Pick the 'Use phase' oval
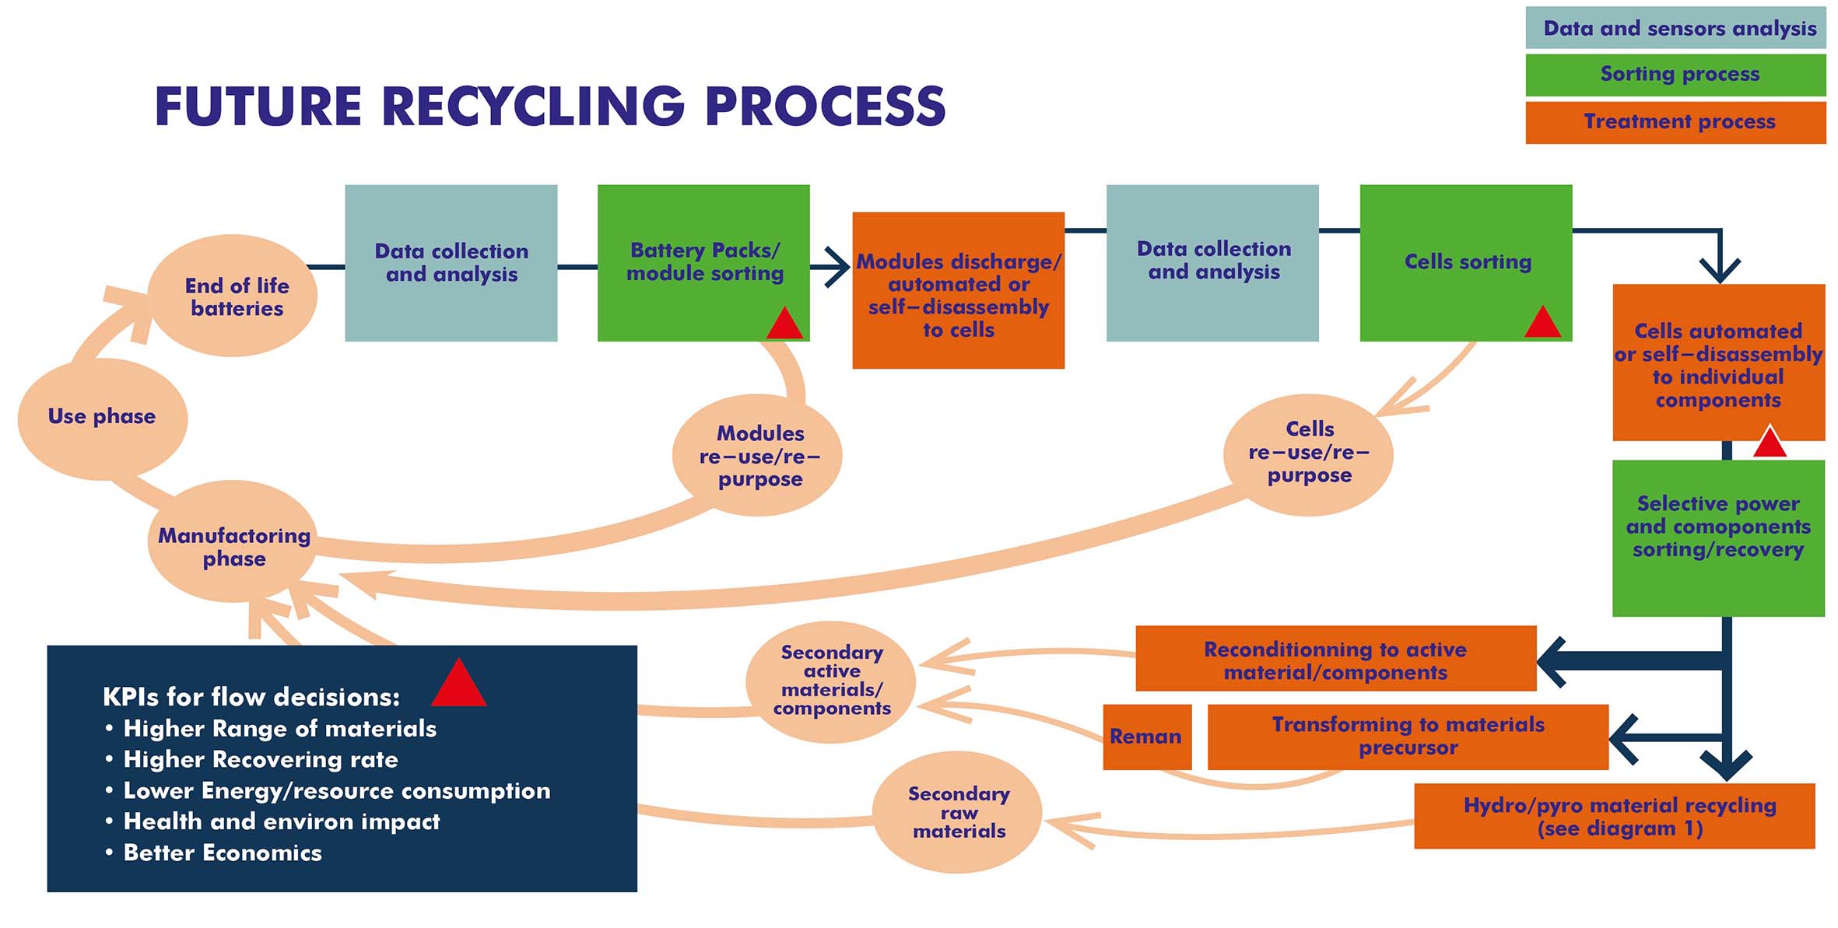pyautogui.click(x=102, y=418)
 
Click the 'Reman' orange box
pyautogui.click(x=1146, y=737)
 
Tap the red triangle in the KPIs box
pyautogui.click(x=459, y=685)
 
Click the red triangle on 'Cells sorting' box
pyautogui.click(x=1542, y=324)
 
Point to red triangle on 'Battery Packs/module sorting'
pyautogui.click(x=784, y=325)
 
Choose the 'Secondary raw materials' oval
pyautogui.click(x=958, y=812)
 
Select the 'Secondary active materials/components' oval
pyautogui.click(x=831, y=681)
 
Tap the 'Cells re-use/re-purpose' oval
pyautogui.click(x=1308, y=454)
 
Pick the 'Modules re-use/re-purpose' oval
pyautogui.click(x=758, y=456)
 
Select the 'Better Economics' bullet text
pyautogui.click(x=223, y=853)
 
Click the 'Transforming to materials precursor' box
pyautogui.click(x=1407, y=737)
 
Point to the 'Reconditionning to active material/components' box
pyautogui.click(x=1335, y=660)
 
